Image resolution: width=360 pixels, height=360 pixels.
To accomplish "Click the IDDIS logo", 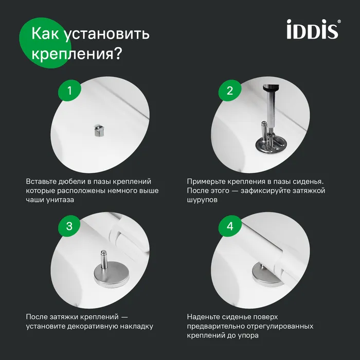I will [x=313, y=29].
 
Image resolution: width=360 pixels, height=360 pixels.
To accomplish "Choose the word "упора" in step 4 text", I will [x=247, y=335].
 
